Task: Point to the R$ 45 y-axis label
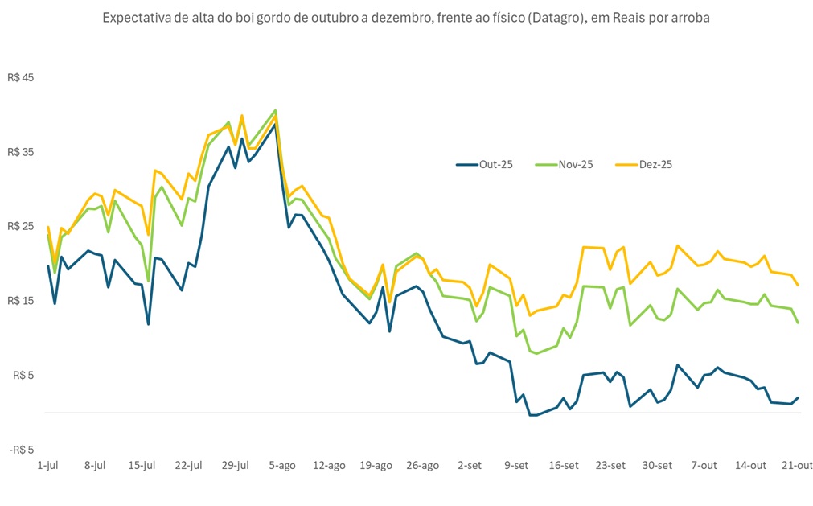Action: point(22,78)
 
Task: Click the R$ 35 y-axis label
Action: point(22,152)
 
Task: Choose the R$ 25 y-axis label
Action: point(22,226)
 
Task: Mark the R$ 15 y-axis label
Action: point(22,301)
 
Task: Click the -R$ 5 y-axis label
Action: point(22,450)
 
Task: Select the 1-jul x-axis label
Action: point(48,465)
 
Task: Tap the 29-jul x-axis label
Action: point(235,465)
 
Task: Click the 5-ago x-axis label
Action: point(282,465)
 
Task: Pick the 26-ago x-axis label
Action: point(423,465)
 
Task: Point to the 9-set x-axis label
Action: point(516,465)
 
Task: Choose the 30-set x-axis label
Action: point(657,465)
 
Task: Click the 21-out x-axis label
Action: point(797,465)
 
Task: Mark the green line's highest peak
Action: point(275,110)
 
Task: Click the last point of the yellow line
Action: point(798,286)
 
